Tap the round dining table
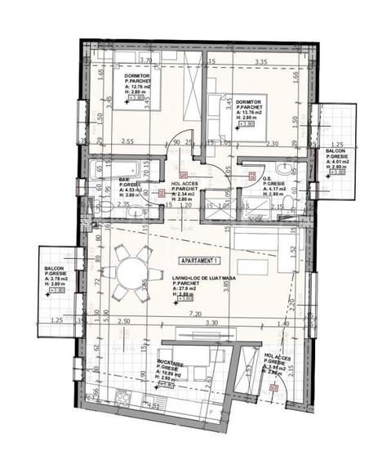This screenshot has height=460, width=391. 131,272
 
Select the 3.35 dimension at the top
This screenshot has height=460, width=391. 261,60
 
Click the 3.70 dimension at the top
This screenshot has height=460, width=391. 147,60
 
